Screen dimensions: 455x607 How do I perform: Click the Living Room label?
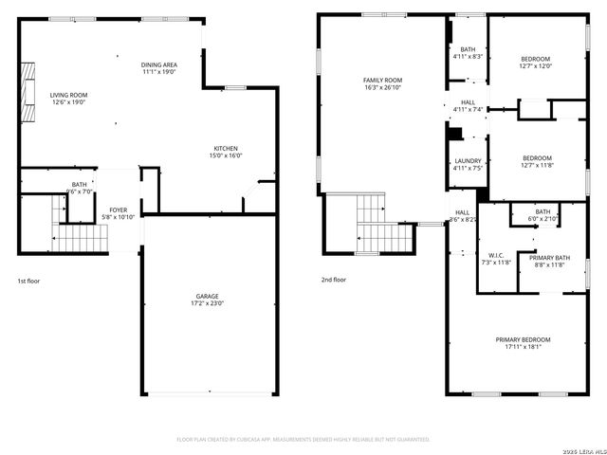coord(68,95)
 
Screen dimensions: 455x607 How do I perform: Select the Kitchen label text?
coord(226,149)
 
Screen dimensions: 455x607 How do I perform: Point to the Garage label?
coord(208,296)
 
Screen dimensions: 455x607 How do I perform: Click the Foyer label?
coord(118,209)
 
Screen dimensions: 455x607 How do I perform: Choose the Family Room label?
coord(382,81)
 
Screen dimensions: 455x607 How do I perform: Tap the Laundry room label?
coord(468,161)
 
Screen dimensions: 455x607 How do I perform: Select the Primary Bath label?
coord(548,258)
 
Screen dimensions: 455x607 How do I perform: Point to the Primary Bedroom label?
coord(522,338)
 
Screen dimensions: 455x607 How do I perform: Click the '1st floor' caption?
coord(28,281)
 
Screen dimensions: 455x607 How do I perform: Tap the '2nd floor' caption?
coord(333,280)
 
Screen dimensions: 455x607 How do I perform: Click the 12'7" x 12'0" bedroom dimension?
coord(535,66)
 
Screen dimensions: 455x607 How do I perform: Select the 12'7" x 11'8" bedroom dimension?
coord(536,165)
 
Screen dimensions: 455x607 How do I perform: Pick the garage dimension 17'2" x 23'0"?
coord(208,303)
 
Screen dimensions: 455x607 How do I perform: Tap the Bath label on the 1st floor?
coord(80,185)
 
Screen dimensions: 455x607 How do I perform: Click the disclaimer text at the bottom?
coord(303,439)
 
